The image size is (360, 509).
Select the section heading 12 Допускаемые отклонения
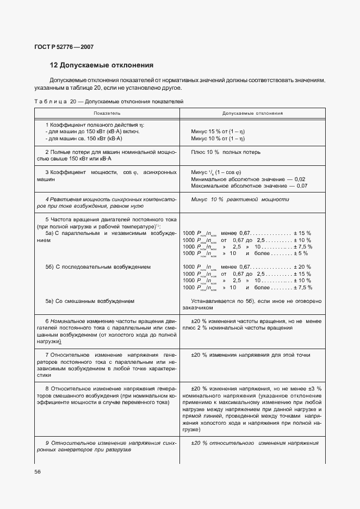101,65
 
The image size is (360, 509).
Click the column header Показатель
107,113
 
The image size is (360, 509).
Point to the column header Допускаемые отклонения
252,113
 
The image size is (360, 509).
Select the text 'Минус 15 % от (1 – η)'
220,132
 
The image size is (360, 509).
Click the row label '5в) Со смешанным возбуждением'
90,301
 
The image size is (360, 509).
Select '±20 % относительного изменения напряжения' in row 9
255,443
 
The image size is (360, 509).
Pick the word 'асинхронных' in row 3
159,172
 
